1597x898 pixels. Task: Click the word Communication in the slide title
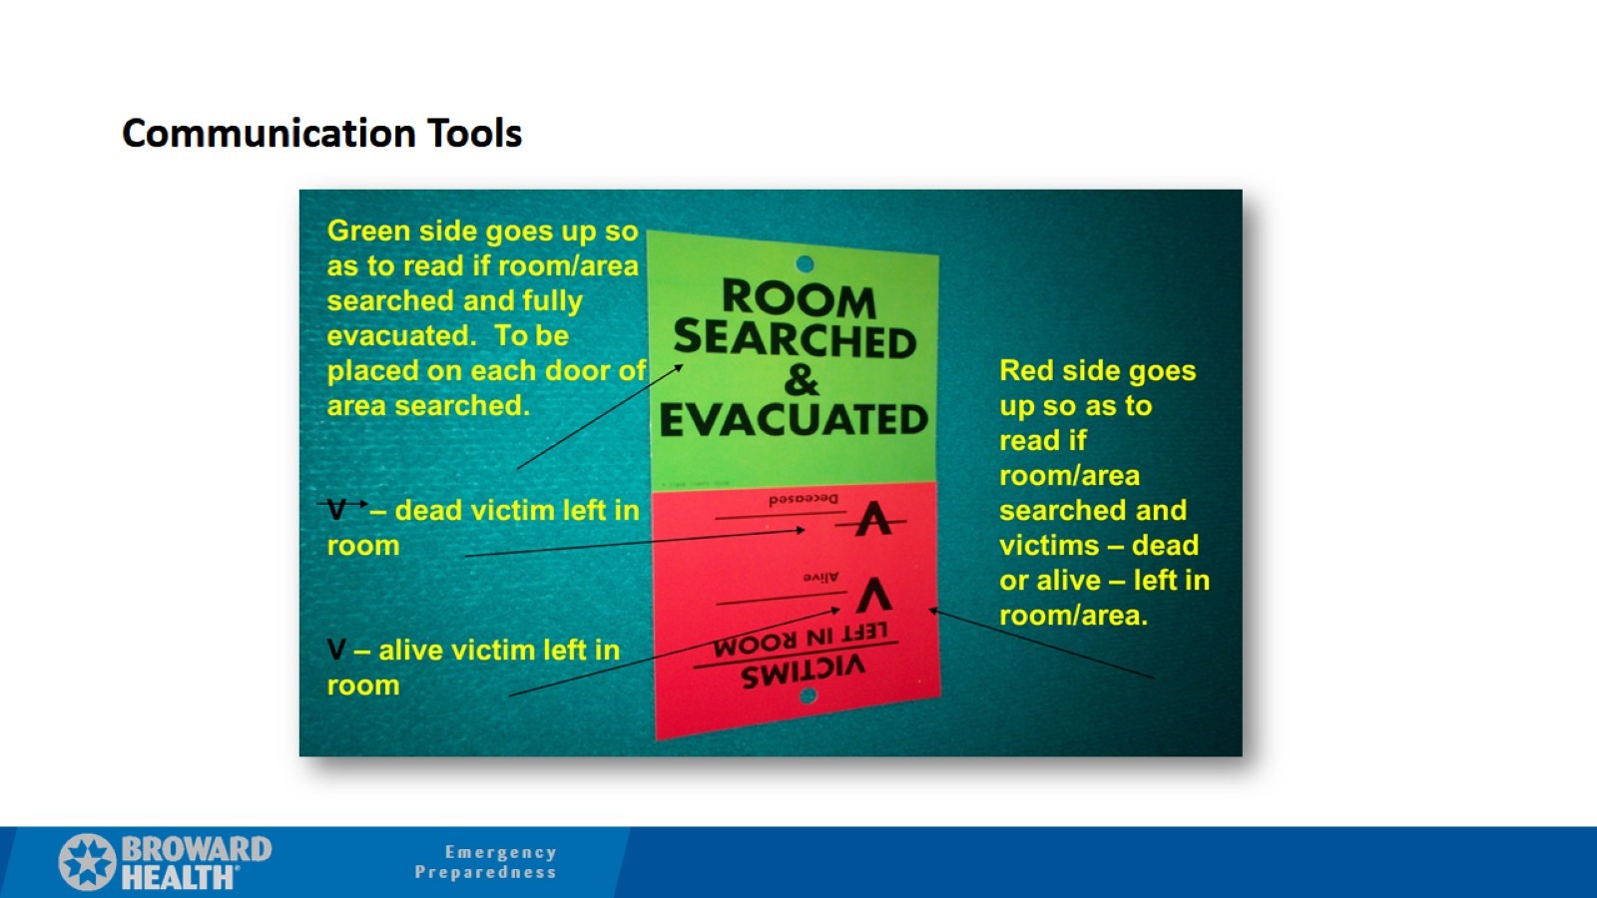point(268,134)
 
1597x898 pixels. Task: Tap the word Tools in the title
point(474,134)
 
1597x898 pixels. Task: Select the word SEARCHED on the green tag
point(795,339)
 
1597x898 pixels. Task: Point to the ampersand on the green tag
point(800,380)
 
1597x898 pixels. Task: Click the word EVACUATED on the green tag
point(794,420)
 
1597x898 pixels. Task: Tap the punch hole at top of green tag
point(804,263)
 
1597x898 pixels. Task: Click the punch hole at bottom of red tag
point(808,695)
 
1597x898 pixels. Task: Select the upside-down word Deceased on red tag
point(803,499)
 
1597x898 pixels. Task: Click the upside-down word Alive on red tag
point(820,577)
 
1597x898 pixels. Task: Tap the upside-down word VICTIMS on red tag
point(802,672)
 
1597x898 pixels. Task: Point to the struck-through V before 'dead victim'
point(338,509)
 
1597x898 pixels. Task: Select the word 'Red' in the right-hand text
point(1025,371)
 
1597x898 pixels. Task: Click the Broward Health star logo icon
point(87,862)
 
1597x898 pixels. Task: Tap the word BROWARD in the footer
point(196,849)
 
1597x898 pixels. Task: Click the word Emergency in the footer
point(500,852)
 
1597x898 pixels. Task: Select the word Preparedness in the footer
point(485,872)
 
